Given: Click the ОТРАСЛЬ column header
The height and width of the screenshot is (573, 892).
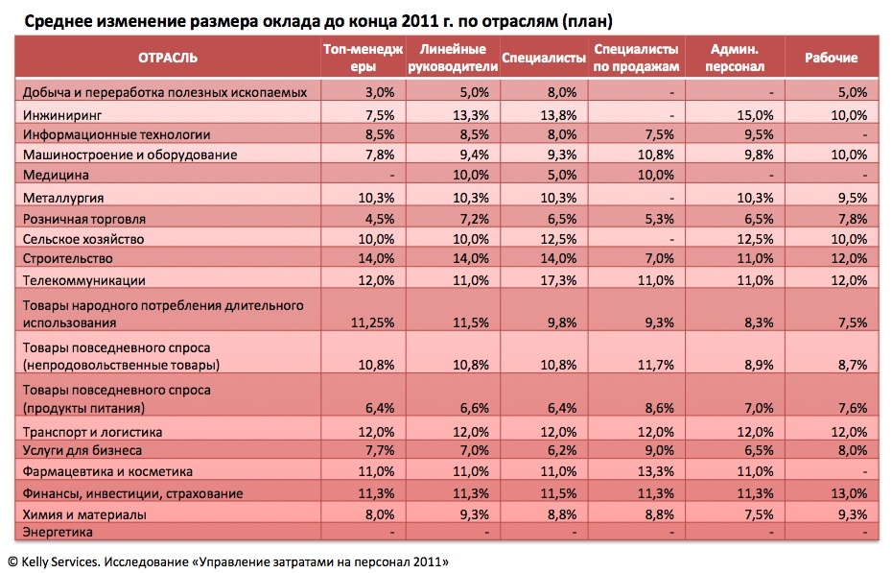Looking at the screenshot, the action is click(x=168, y=58).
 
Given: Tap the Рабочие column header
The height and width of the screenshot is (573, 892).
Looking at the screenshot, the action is click(x=832, y=58).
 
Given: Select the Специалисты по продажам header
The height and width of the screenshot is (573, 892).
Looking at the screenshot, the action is click(x=636, y=58).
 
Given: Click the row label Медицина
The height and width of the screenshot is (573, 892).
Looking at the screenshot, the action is click(x=56, y=175).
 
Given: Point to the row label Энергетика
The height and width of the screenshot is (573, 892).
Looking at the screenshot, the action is click(x=58, y=532).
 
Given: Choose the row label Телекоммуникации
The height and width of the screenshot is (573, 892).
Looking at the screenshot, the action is click(x=83, y=280).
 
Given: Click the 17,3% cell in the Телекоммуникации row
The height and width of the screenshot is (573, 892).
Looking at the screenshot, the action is click(x=558, y=280).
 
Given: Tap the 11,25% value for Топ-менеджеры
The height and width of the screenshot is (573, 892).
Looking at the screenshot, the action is click(x=372, y=322).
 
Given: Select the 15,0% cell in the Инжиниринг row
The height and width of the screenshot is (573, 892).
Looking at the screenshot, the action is click(x=755, y=115).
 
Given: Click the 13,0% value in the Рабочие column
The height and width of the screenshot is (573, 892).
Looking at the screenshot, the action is click(x=849, y=493).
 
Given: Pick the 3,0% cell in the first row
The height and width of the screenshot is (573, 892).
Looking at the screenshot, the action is click(x=380, y=92).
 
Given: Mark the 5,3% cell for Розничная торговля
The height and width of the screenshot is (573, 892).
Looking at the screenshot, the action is click(x=659, y=219).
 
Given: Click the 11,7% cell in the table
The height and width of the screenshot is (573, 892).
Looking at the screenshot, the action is click(x=655, y=365).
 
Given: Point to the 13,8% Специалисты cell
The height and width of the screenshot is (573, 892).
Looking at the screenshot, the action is click(x=558, y=115).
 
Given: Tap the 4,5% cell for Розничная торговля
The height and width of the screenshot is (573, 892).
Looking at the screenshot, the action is click(x=380, y=219).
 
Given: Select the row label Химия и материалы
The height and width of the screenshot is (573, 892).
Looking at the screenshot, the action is click(x=84, y=514).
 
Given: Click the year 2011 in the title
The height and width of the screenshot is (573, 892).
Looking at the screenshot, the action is click(x=417, y=21).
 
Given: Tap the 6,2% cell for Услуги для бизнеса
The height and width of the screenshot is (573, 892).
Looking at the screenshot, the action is click(x=562, y=450).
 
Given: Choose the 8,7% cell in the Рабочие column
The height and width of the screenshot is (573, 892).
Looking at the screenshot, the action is click(x=853, y=365).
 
